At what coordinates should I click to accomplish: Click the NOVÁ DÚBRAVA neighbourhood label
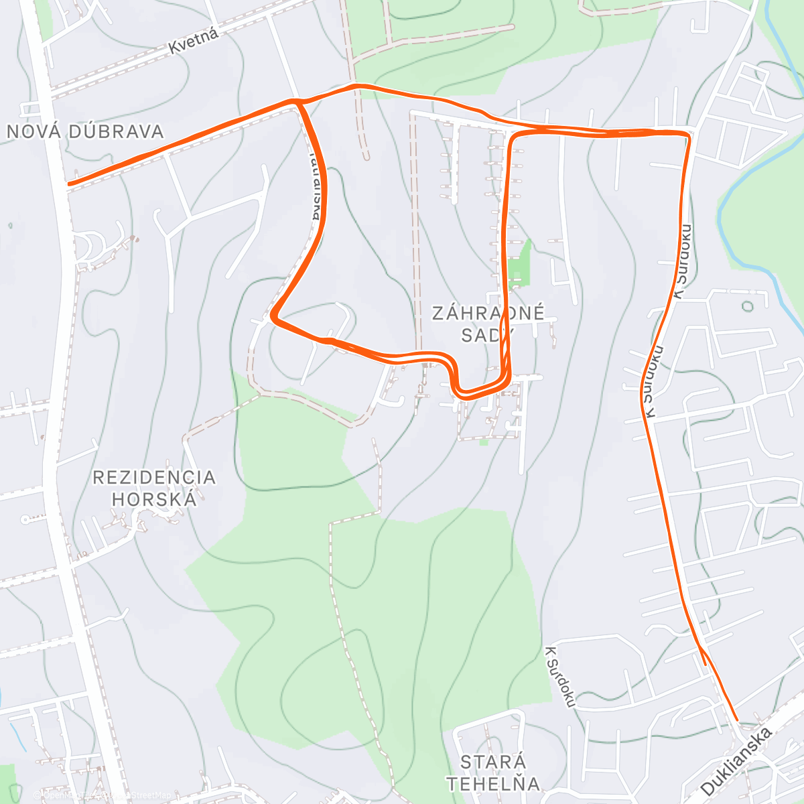point(85,131)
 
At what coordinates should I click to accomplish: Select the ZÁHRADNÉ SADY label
point(488,324)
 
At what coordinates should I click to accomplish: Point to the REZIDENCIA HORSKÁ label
point(154,488)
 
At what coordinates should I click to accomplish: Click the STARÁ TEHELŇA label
point(493,773)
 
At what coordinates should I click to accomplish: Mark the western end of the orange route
point(69,182)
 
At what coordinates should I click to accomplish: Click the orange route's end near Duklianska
point(736,720)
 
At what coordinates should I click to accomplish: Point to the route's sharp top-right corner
point(688,135)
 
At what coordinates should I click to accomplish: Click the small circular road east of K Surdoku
point(748,307)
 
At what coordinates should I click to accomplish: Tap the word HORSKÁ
point(154,499)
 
